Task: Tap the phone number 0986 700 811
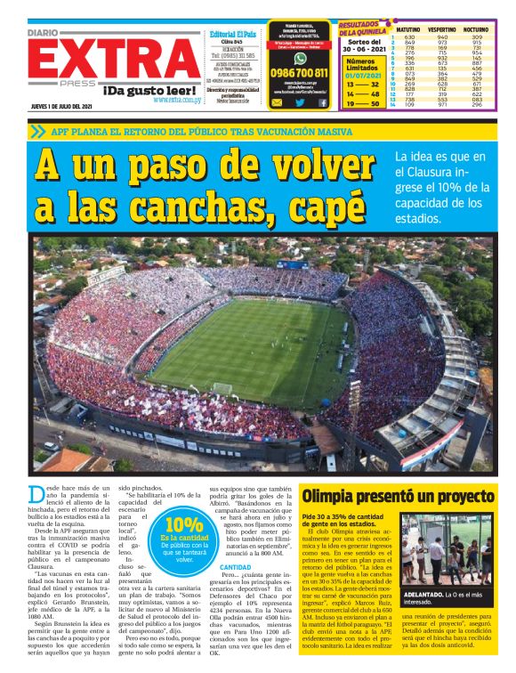pos(298,73)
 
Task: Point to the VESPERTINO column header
pos(441,29)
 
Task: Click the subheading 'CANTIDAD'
pos(235,566)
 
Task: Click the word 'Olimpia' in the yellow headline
pos(334,496)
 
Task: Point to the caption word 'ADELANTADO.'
pos(425,593)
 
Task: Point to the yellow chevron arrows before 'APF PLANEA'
pos(37,131)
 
